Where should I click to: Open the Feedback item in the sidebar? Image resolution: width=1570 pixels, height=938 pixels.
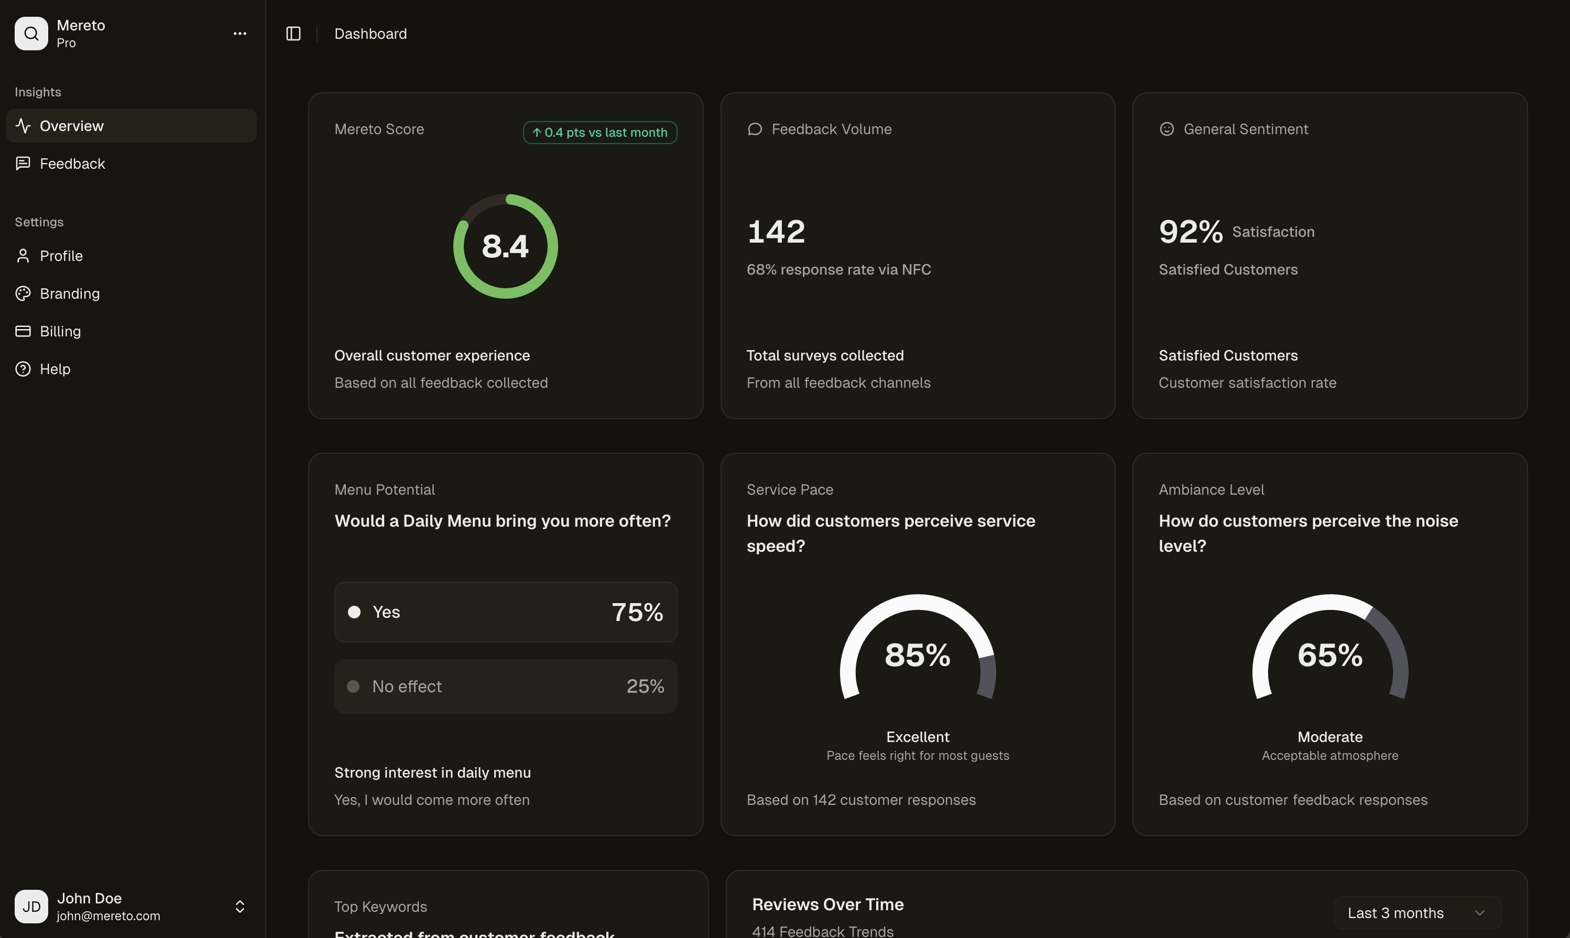72,163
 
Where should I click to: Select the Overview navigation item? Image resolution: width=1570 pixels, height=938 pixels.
71,126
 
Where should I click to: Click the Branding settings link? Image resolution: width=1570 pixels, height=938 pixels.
70,293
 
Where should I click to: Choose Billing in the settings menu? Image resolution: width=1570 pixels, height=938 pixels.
60,331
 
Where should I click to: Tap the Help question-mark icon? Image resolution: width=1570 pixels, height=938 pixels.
23,369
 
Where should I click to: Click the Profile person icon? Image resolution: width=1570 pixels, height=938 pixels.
23,256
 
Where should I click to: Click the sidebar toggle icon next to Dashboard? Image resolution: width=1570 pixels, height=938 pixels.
293,34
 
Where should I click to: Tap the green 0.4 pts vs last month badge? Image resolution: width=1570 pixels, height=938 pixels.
599,133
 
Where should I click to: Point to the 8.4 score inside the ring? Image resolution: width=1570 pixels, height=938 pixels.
505,246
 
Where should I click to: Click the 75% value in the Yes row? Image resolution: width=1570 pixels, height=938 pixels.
637,612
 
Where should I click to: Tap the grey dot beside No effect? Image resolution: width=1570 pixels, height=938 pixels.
353,686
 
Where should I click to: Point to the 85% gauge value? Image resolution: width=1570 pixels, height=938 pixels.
917,655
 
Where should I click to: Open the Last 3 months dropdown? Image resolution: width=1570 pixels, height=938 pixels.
1416,913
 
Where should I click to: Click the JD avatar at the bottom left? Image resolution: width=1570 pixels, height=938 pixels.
31,907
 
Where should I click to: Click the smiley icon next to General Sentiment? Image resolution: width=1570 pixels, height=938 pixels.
1166,129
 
